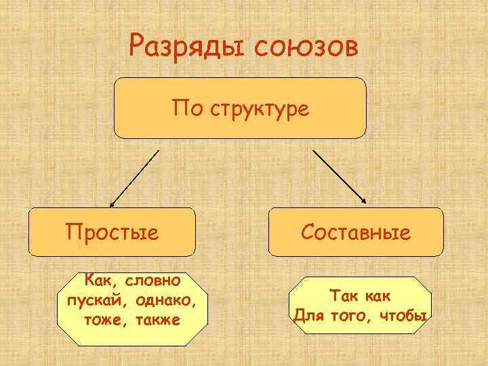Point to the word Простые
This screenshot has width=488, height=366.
tap(112, 232)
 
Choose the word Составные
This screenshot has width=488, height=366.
tap(356, 232)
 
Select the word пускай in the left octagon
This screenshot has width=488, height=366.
tap(94, 300)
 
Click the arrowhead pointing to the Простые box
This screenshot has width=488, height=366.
tap(113, 203)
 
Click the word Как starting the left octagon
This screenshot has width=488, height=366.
tap(97, 280)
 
